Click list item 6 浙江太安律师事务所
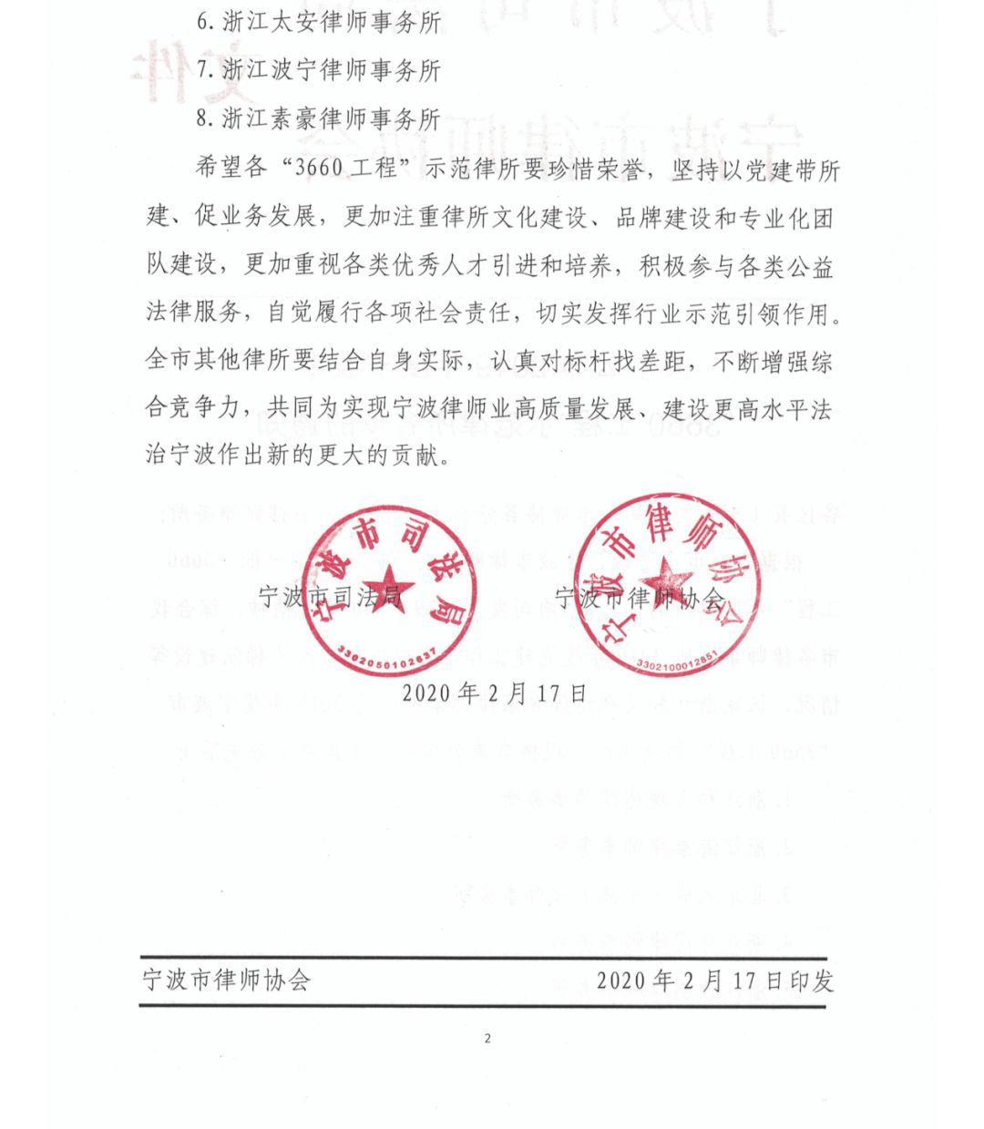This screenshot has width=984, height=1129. (x=319, y=21)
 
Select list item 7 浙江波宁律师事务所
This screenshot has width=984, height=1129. (x=319, y=70)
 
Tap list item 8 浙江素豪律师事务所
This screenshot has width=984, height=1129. (x=319, y=119)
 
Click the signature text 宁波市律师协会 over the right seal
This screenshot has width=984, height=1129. (x=641, y=599)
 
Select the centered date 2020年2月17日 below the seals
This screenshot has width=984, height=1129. (x=494, y=693)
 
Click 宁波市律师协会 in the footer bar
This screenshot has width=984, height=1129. (x=227, y=980)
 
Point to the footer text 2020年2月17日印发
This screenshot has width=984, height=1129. (x=715, y=980)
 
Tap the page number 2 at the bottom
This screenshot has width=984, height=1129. (x=488, y=1038)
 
